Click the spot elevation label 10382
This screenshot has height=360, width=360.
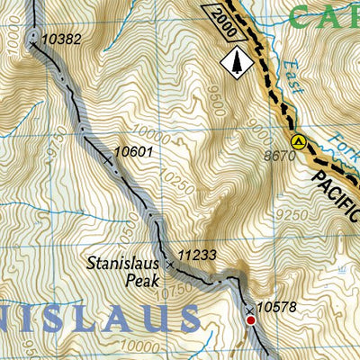[61, 39]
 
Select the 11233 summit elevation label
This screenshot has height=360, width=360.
[198, 256]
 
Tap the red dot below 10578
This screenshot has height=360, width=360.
[251, 318]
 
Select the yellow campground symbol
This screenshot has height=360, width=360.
[298, 141]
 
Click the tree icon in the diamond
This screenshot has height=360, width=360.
[238, 61]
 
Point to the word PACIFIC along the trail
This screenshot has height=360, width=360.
[337, 190]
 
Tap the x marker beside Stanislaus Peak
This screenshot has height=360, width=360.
[169, 265]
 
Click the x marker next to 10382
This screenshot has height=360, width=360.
[33, 40]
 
